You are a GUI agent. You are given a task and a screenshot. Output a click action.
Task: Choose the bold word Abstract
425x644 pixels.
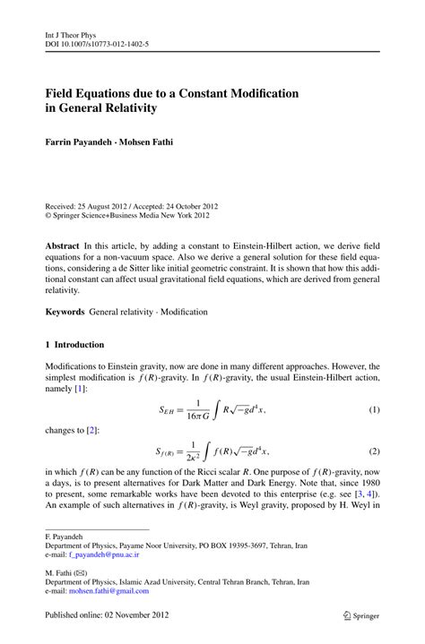click(x=63, y=245)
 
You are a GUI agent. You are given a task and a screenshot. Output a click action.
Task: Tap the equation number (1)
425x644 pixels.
click(x=374, y=410)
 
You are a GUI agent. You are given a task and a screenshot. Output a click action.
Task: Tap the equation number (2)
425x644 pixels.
click(x=374, y=451)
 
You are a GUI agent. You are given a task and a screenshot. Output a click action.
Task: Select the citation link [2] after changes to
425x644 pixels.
click(x=92, y=431)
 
